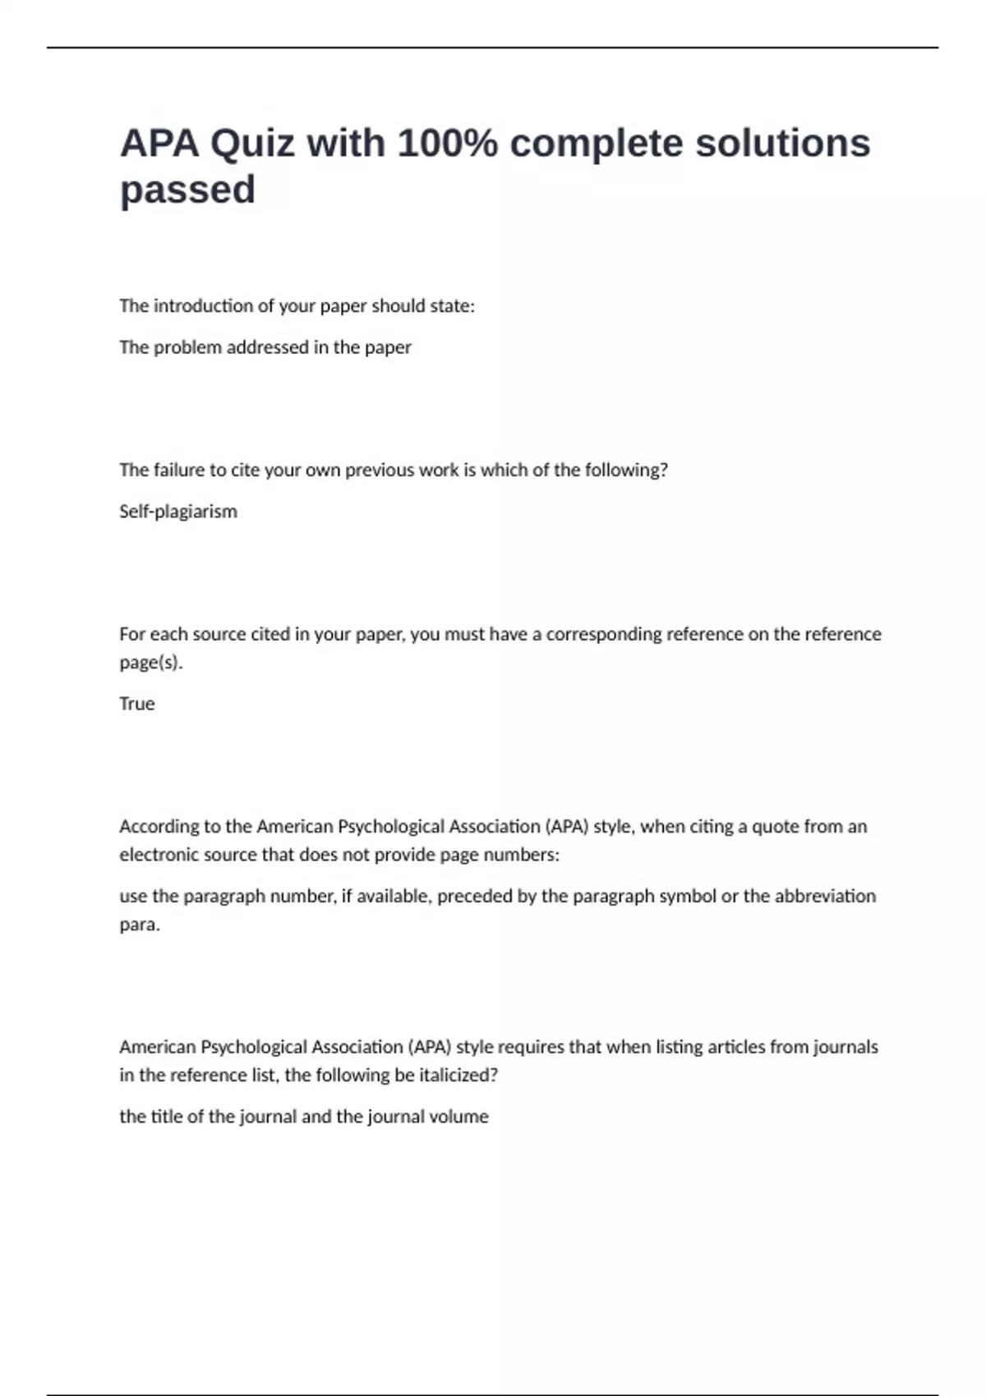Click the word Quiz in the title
coord(252,144)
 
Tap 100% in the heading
coord(448,144)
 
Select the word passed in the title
coord(187,191)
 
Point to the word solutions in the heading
coord(782,144)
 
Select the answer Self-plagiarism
coord(178,512)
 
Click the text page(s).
coord(151,663)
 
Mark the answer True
coord(137,704)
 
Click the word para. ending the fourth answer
coord(140,925)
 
